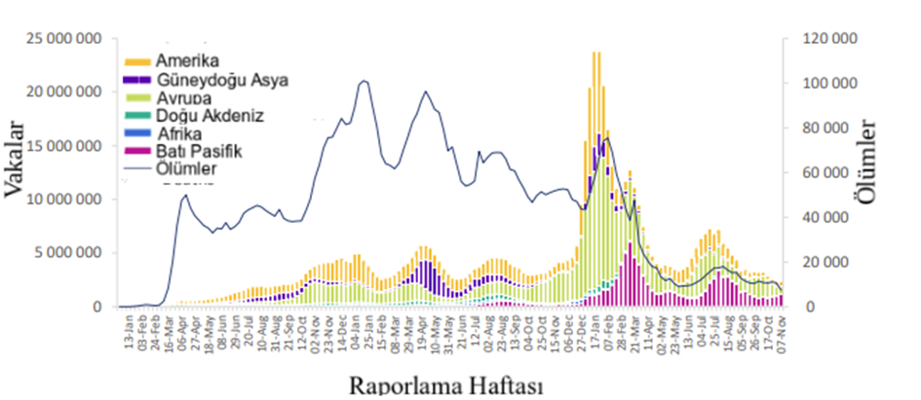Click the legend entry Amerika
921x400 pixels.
click(193, 61)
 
